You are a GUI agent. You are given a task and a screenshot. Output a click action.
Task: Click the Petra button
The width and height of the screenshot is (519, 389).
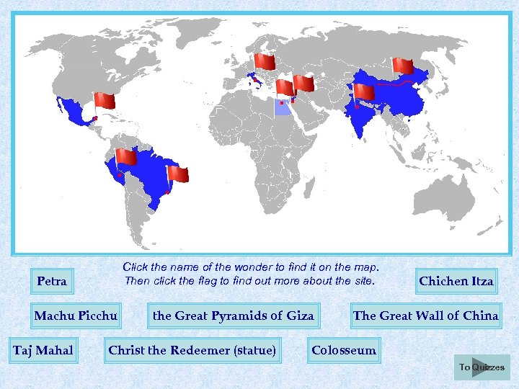(52, 281)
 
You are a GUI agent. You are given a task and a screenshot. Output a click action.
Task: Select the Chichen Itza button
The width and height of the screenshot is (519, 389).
(456, 281)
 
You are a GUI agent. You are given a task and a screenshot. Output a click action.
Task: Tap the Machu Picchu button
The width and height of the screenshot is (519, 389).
(76, 316)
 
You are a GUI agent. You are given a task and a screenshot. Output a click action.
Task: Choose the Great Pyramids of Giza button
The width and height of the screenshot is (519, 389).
(234, 316)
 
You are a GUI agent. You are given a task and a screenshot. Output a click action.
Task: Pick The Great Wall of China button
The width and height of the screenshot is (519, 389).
(425, 316)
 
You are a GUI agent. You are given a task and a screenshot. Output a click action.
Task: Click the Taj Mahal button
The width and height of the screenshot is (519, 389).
(43, 351)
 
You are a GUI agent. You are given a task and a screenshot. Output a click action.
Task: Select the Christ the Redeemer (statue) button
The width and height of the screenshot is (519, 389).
(192, 351)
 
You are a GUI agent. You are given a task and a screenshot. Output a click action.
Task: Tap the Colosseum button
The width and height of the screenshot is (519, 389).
(344, 351)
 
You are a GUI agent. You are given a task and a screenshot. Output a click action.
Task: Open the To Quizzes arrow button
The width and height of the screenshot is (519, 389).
(482, 367)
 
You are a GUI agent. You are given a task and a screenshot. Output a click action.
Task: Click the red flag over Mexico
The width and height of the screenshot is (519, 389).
(105, 100)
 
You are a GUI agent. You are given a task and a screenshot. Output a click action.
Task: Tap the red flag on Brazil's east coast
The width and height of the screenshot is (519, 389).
(178, 174)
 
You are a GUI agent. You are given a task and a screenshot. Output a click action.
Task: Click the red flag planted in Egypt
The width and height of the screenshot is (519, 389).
(285, 87)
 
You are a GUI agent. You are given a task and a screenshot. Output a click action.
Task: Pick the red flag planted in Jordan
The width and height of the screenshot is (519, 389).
(304, 83)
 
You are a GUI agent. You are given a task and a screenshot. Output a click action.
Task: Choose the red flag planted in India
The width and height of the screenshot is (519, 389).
(365, 92)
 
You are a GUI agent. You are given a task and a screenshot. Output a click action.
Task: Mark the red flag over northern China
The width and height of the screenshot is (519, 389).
(403, 66)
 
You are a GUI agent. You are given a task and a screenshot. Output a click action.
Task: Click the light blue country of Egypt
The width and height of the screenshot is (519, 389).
(283, 109)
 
